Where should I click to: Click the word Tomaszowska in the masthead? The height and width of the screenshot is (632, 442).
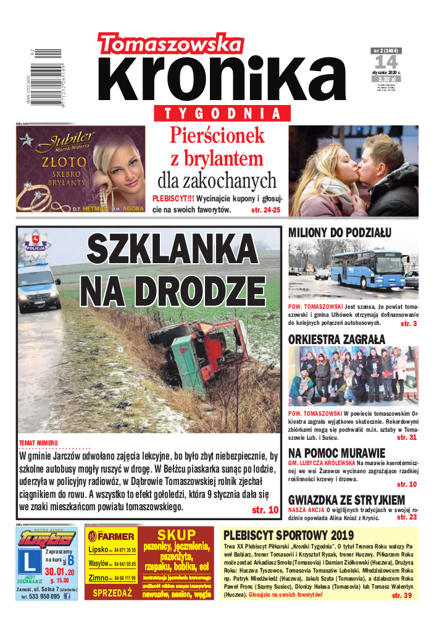click(x=170, y=44)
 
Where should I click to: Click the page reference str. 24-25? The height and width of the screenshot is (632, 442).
click(x=265, y=210)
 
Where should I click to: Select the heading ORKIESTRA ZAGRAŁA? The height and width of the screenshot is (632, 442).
click(x=336, y=339)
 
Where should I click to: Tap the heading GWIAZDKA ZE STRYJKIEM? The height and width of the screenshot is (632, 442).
click(x=346, y=500)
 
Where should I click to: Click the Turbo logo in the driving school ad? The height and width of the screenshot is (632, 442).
click(x=47, y=537)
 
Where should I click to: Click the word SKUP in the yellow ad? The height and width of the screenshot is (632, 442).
click(x=176, y=535)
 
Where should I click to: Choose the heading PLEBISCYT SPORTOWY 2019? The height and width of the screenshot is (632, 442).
click(x=288, y=536)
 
